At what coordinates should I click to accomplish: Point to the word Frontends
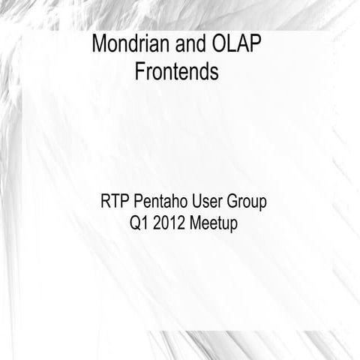click(x=177, y=72)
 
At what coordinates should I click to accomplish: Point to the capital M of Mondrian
click(x=100, y=44)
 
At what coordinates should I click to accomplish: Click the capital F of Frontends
click(x=140, y=72)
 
